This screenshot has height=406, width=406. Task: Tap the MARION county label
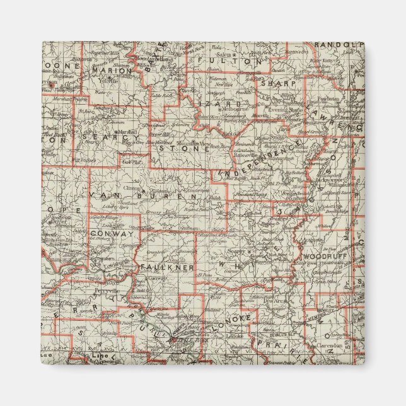coord(112,71)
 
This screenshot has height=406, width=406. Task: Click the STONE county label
coord(184,149)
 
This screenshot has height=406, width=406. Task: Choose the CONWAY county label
coord(112,233)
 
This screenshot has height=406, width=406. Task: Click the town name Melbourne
coord(234,108)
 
